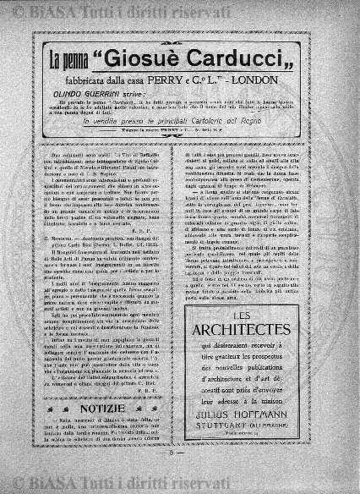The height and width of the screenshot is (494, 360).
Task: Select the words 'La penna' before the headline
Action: pyautogui.click(x=68, y=61)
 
